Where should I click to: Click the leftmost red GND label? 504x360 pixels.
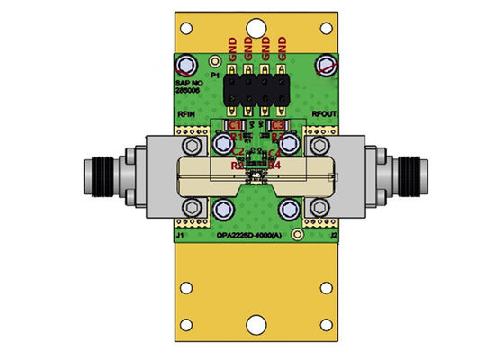(233, 48)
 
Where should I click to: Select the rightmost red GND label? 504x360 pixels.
(282, 48)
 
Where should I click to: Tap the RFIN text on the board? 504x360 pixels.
(188, 115)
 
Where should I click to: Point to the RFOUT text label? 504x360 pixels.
(323, 115)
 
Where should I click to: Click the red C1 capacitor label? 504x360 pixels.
(234, 124)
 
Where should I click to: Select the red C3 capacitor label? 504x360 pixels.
(278, 124)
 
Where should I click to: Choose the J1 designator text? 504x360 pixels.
(181, 236)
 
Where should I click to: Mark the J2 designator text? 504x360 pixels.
(333, 236)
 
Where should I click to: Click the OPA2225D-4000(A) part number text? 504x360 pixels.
(254, 236)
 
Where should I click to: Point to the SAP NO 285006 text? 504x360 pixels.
(187, 88)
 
